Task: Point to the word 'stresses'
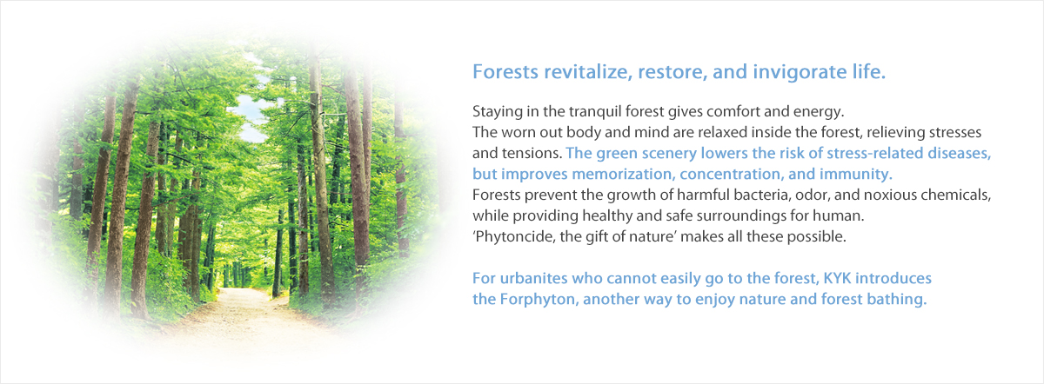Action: tap(955, 133)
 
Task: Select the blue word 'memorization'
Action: tap(624, 174)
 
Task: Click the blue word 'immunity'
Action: tap(856, 174)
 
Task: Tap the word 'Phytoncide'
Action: tap(514, 237)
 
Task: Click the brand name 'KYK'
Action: tap(838, 278)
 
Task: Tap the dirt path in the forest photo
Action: tap(243, 316)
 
